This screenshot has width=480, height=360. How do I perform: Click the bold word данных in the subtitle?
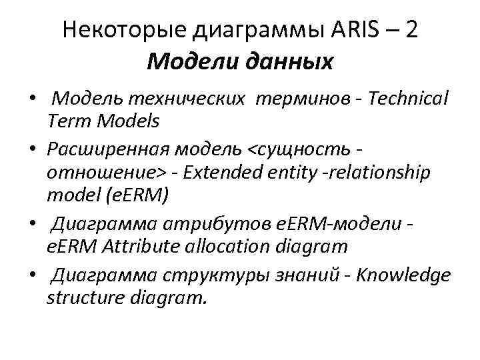[x=291, y=63]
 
